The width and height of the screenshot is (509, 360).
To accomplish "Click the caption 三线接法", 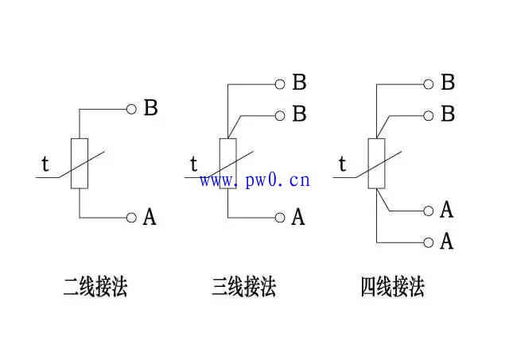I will pyautogui.click(x=244, y=287).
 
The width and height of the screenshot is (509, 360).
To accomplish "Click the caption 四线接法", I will pyautogui.click(x=392, y=287).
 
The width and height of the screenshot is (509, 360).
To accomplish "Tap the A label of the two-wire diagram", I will pyautogui.click(x=150, y=217).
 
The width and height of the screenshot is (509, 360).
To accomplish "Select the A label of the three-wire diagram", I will pyautogui.click(x=298, y=217).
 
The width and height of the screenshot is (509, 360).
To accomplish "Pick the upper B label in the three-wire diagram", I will pyautogui.click(x=299, y=83).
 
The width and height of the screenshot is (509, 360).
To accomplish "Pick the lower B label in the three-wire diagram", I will pyautogui.click(x=299, y=114).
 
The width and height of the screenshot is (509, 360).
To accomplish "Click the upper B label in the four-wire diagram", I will pyautogui.click(x=448, y=83).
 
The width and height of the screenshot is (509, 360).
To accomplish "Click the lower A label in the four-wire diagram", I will pyautogui.click(x=447, y=241).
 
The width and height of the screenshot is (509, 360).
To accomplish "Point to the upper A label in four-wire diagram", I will pyautogui.click(x=447, y=211).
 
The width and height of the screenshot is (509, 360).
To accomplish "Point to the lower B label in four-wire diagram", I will pyautogui.click(x=448, y=114).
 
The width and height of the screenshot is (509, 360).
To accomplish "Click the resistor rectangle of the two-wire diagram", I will pyautogui.click(x=80, y=164).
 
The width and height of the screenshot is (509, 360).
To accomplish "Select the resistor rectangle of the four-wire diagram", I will pyautogui.click(x=376, y=164).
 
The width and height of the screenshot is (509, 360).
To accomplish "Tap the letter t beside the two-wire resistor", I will pyautogui.click(x=45, y=165).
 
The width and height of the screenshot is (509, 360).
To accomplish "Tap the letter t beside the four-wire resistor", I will pyautogui.click(x=343, y=165).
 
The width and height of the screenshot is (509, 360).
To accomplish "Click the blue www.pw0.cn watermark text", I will pyautogui.click(x=254, y=180).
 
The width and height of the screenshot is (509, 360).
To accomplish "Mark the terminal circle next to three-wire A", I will pyautogui.click(x=280, y=217).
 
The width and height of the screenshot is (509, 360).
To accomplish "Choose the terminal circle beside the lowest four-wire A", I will pyautogui.click(x=429, y=241).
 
